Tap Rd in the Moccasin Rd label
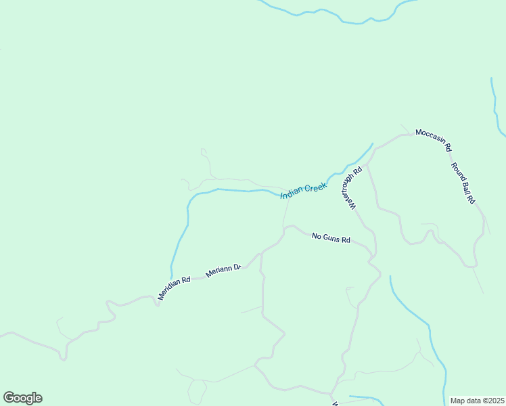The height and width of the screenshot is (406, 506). [448, 146]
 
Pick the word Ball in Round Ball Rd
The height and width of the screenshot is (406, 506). [465, 185]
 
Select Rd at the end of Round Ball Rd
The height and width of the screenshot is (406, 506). [471, 200]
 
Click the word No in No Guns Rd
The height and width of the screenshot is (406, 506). [316, 236]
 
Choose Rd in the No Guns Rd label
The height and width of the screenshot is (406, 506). [346, 240]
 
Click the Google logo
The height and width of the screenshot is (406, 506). [22, 398]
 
